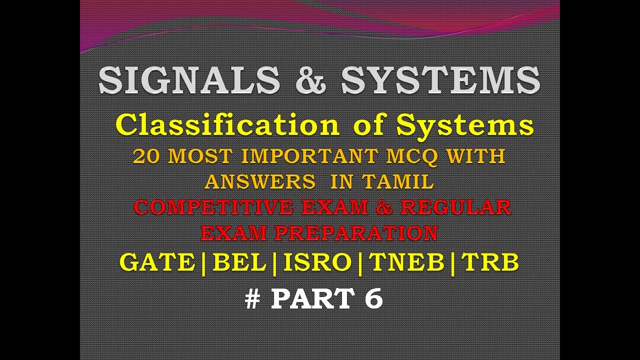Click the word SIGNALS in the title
coord(189,80)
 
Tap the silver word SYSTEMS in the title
coord(440,80)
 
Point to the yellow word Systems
coord(465,125)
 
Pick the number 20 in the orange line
coord(147,156)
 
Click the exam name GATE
coord(157,262)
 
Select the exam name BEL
coord(239,262)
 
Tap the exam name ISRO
coord(317,262)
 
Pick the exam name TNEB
coord(407,262)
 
